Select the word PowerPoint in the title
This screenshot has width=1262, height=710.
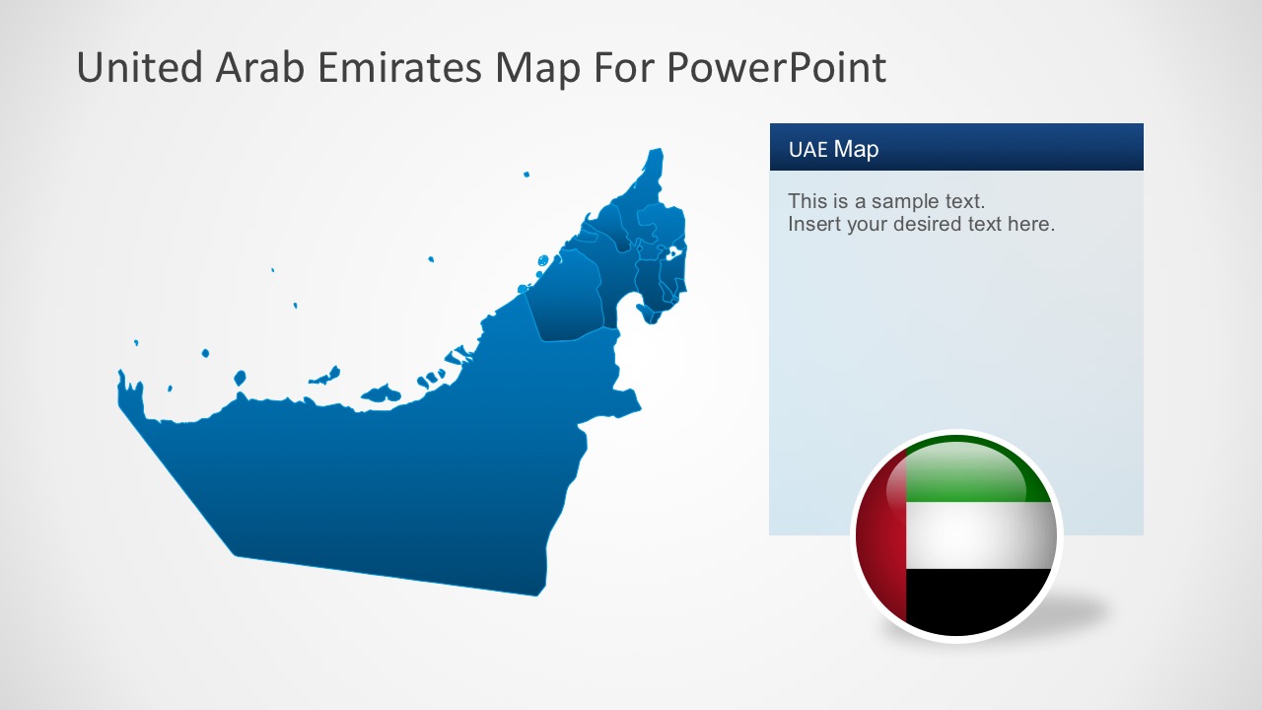776,67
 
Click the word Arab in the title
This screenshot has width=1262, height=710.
254,67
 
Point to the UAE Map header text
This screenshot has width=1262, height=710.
833,149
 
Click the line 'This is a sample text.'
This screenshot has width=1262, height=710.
886,201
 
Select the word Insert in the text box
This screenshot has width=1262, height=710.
810,224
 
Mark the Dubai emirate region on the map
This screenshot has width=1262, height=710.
567,296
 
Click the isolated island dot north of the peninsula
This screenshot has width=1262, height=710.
526,175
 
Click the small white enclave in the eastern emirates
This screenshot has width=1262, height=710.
673,253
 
